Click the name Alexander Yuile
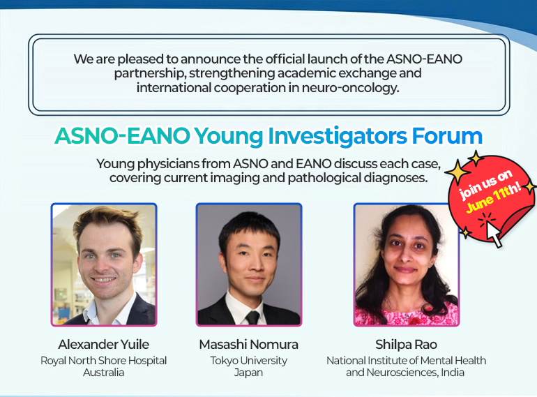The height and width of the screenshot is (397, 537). click(104, 344)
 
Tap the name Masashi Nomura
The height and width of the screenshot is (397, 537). click(249, 344)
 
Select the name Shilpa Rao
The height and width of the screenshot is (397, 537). click(406, 344)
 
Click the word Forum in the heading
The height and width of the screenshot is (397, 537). click(447, 136)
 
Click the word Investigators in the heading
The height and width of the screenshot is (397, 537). click(338, 137)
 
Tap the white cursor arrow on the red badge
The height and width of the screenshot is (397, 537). click(494, 234)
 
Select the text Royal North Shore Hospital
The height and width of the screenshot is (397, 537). click(103, 360)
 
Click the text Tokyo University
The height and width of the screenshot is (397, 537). click(249, 360)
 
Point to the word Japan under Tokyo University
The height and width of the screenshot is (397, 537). click(248, 373)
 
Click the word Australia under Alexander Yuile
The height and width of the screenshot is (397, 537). click(103, 372)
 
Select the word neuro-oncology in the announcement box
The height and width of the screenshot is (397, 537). click(350, 88)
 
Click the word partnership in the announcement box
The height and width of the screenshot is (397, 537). click(150, 74)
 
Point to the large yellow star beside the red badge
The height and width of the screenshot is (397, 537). click(457, 171)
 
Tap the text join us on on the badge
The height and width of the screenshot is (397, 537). click(485, 184)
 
